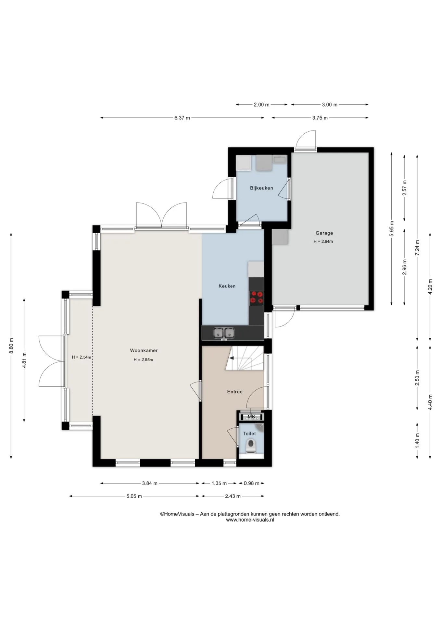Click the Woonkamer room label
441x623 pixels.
pyautogui.click(x=144, y=350)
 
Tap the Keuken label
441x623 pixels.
pyautogui.click(x=227, y=286)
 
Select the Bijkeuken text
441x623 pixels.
pyautogui.click(x=261, y=188)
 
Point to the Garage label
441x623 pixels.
pyautogui.click(x=324, y=233)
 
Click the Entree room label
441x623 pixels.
pyautogui.click(x=235, y=392)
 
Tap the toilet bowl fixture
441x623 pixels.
pyautogui.click(x=251, y=446)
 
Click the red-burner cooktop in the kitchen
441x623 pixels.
pyautogui.click(x=257, y=298)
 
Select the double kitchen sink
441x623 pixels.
pyautogui.click(x=224, y=333)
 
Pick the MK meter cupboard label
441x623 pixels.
pyautogui.click(x=251, y=417)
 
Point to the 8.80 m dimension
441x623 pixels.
pyautogui.click(x=11, y=346)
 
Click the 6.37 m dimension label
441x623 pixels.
pyautogui.click(x=182, y=118)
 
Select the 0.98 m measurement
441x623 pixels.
pyautogui.click(x=252, y=483)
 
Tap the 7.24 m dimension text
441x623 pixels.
pyautogui.click(x=417, y=248)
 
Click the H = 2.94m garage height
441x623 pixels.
pyautogui.click(x=323, y=241)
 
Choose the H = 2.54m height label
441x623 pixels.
pyautogui.click(x=82, y=357)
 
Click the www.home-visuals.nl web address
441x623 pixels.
pyautogui.click(x=250, y=519)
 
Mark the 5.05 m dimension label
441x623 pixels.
pyautogui.click(x=134, y=496)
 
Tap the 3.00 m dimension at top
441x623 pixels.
pyautogui.click(x=330, y=104)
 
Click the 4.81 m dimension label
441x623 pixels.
pyautogui.click(x=24, y=360)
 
